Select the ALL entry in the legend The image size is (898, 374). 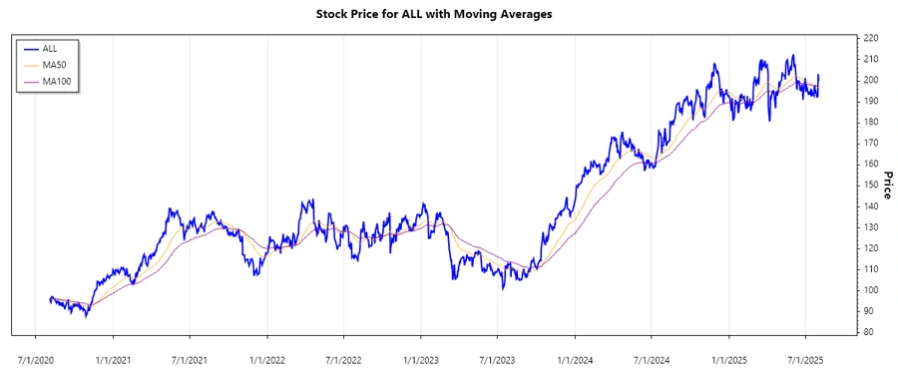[50, 48]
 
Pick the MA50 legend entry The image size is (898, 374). [55, 64]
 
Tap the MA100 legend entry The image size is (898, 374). [57, 81]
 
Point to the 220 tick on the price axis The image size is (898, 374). [871, 38]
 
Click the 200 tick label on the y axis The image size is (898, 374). [871, 80]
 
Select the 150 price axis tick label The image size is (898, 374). [871, 185]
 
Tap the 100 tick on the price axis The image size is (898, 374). [871, 290]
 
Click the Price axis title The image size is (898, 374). [889, 185]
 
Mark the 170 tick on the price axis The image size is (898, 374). [871, 143]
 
